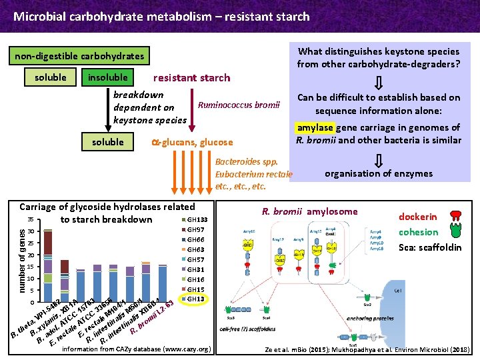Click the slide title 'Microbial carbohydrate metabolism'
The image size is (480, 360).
pos(161,16)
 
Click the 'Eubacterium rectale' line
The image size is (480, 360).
pos(254,174)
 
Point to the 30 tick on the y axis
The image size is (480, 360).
pos(31,231)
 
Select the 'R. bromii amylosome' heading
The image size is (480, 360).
pos(309,211)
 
